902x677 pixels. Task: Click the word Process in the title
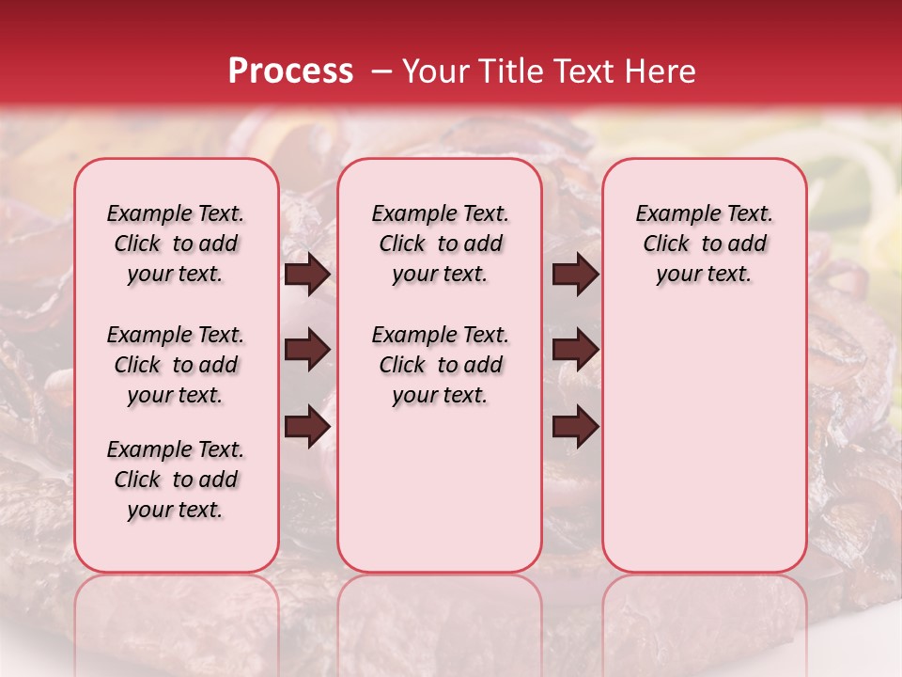(289, 71)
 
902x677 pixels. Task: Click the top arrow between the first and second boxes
(307, 275)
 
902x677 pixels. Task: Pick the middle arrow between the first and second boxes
(307, 351)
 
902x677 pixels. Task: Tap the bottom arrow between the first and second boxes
(307, 427)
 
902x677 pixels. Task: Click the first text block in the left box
(176, 244)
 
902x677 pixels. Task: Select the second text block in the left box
(176, 365)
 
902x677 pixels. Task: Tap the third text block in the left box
(176, 480)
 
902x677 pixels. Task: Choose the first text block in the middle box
(441, 244)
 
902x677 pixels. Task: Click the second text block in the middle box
(441, 365)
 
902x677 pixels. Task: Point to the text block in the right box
(705, 244)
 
